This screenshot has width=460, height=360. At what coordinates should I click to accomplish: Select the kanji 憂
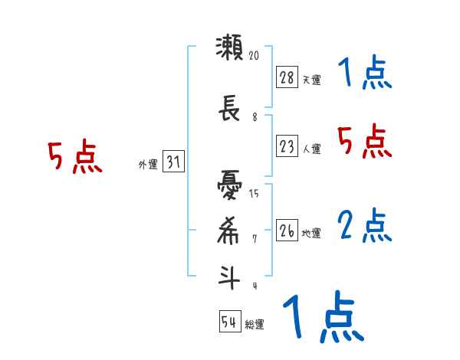228,186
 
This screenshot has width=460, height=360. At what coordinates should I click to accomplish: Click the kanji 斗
228,276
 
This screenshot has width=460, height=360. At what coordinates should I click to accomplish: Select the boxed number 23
287,146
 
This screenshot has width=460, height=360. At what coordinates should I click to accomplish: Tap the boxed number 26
287,230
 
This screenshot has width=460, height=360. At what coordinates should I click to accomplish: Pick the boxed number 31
173,162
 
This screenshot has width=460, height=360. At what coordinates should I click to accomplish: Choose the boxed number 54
229,322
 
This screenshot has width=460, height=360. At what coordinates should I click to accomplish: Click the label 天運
311,79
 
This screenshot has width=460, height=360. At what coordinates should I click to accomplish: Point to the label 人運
311,149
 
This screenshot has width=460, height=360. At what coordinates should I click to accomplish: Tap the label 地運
311,233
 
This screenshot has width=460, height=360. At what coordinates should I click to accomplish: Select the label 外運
148,165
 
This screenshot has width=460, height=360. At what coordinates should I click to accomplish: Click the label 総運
255,325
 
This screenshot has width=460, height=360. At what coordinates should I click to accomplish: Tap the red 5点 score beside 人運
365,142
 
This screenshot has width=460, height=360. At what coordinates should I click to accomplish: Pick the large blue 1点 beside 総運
322,317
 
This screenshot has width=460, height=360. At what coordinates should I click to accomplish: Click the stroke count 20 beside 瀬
254,55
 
